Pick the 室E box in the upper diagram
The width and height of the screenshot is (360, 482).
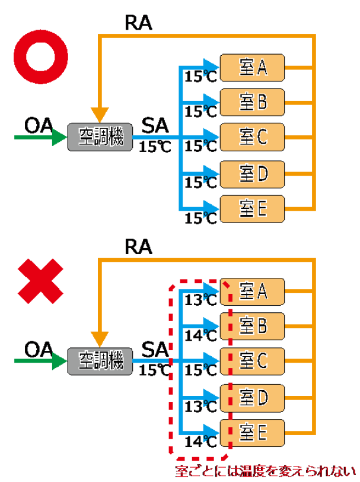(253, 208)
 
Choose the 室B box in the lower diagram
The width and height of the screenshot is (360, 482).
(253, 325)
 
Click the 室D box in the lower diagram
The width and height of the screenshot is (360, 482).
(253, 395)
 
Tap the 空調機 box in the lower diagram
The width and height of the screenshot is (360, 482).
(100, 360)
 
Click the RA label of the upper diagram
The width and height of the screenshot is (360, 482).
(139, 23)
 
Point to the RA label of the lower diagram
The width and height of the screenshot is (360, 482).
(139, 246)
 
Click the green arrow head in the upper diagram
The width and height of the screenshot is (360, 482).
(59, 138)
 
